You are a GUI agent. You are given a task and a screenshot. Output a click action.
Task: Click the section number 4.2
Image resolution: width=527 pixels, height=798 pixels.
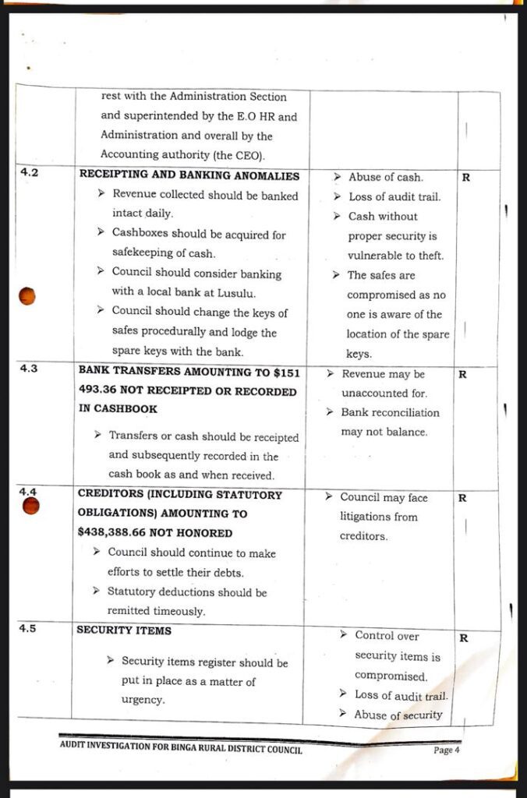pos(29,172)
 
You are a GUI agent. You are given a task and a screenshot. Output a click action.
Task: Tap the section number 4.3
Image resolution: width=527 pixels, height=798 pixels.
pos(29,369)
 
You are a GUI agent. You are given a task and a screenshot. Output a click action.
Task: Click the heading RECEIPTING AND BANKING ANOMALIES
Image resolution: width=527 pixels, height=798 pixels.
pos(189,176)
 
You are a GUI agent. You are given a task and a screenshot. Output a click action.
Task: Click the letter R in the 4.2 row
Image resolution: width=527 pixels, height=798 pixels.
pos(465,178)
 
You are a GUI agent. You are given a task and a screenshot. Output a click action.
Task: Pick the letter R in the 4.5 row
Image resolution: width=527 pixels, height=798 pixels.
pos(463,637)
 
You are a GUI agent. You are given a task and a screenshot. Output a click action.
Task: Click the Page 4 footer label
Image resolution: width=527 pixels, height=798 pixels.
pos(447,750)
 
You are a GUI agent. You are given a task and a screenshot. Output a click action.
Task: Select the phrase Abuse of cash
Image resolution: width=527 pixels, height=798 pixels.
pos(385,178)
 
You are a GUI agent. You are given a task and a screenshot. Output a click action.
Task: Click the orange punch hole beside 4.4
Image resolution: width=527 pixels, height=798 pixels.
pos(30,507)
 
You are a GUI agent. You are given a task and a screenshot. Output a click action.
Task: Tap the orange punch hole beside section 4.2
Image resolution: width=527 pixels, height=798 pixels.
pos(28,296)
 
